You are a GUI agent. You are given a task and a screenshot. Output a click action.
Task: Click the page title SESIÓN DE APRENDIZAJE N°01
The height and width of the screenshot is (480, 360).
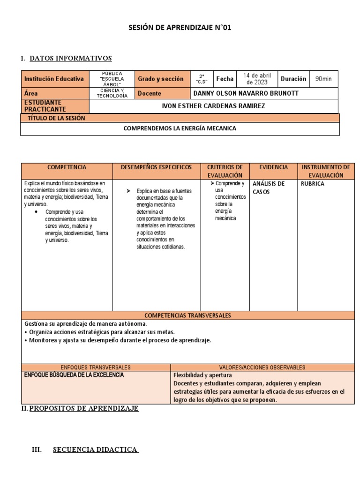pos(180,28)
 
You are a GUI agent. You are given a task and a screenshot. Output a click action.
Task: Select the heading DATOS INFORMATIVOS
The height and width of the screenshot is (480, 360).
pos(70,59)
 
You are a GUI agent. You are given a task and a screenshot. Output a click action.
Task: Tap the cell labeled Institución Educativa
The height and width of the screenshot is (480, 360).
pos(54,79)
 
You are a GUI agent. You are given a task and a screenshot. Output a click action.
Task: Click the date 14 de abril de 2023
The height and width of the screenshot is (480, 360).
pos(257,79)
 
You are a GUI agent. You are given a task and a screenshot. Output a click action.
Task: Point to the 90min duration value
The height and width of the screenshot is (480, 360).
pos(323,79)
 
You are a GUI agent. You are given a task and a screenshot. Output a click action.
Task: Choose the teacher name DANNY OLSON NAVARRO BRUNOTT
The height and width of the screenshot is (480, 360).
pos(246,93)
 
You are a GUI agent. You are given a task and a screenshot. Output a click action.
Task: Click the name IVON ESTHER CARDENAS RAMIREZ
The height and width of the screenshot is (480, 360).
pos(213,106)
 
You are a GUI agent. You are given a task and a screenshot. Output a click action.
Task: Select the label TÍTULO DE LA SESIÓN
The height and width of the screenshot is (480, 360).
pos(56,119)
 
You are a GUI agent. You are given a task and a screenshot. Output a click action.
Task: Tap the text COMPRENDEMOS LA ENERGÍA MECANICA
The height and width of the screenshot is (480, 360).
pos(180,128)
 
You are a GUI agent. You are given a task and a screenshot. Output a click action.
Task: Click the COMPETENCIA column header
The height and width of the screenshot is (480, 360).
pos(67,167)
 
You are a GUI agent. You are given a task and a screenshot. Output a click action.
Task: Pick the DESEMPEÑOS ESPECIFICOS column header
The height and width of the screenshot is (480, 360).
pos(156,167)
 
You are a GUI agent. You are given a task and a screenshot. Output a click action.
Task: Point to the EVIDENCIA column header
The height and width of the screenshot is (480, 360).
pos(274,167)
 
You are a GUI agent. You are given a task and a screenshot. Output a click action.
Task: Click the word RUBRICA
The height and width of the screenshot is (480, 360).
pos(313,184)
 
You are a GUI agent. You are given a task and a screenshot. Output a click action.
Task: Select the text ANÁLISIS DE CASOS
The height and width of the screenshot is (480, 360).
pos(269,187)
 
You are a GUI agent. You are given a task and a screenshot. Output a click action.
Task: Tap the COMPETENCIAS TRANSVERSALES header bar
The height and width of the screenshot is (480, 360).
pos(187,315)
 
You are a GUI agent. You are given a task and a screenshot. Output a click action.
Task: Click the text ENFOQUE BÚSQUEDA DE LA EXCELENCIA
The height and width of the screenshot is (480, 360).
pos(74,375)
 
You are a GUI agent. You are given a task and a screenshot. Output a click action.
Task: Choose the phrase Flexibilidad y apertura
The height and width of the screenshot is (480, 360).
pos(202,375)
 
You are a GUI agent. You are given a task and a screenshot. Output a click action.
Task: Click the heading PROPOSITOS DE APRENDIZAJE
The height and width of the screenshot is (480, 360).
pos(84,409)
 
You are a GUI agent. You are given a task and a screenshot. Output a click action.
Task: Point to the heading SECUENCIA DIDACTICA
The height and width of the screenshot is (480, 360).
pos(95,450)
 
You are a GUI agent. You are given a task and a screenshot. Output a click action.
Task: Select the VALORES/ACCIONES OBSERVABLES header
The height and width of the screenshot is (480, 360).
pos(262,367)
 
